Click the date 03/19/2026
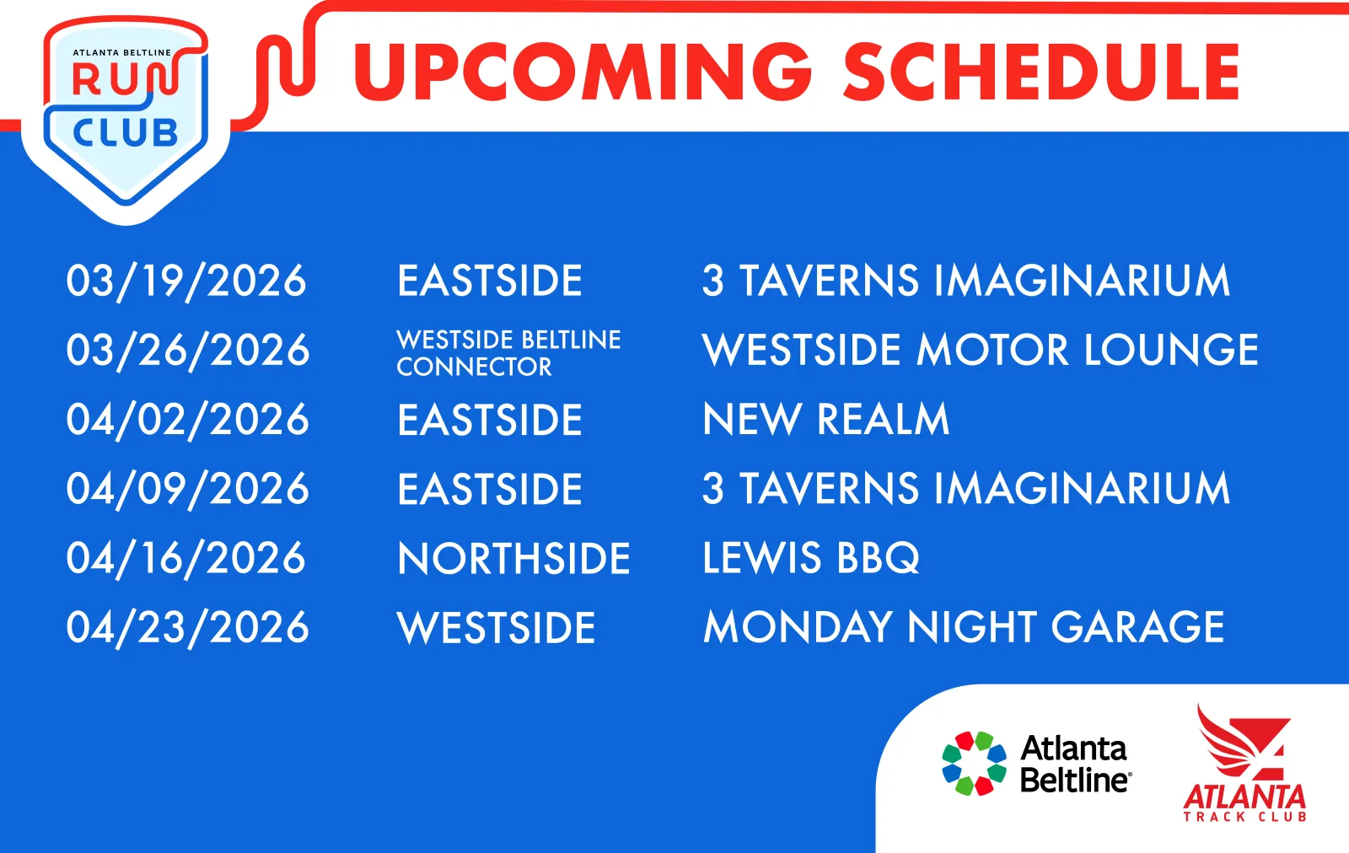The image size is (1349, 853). (x=186, y=282)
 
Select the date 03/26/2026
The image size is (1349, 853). (x=188, y=351)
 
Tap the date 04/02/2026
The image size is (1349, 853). (x=188, y=420)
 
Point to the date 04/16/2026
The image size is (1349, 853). (x=186, y=559)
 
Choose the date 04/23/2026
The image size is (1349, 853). (x=188, y=628)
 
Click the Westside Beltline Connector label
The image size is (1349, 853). (x=508, y=353)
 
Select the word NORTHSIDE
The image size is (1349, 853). (x=513, y=559)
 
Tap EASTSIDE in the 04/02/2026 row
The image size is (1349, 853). (x=490, y=420)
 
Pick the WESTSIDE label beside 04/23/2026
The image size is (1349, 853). (x=497, y=628)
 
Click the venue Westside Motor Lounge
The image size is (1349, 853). (x=981, y=350)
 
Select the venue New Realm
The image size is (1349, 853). (x=825, y=419)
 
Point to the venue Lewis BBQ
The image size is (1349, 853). (x=811, y=558)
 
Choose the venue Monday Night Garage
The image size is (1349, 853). (x=964, y=627)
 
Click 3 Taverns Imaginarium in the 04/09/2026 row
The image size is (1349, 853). (x=966, y=488)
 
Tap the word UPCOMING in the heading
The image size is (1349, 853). (x=583, y=72)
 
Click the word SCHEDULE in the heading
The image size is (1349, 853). (x=1041, y=72)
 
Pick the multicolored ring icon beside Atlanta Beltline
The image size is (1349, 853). (x=974, y=764)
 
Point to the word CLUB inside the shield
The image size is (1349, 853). (x=126, y=133)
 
